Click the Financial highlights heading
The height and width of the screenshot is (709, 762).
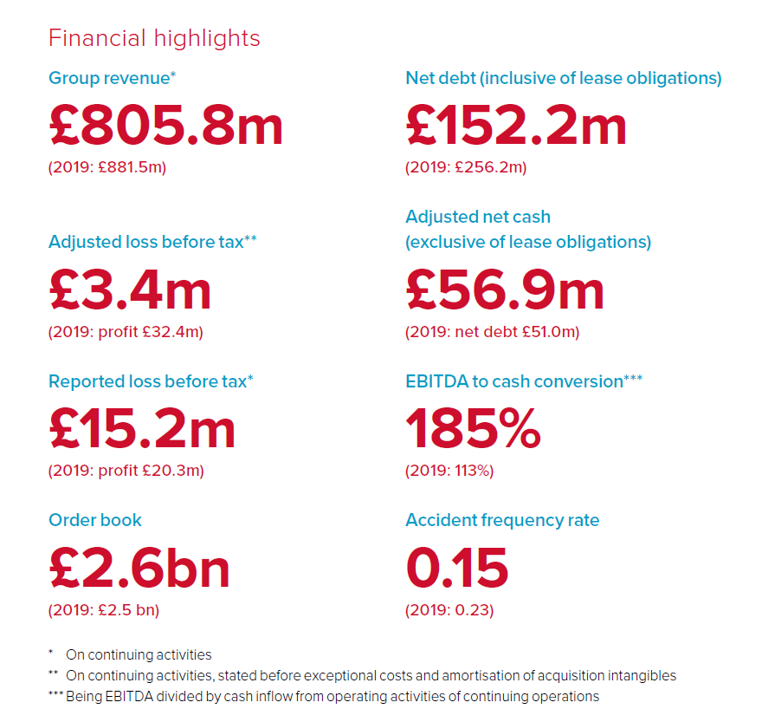154,39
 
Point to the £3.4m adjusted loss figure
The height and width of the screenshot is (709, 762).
130,289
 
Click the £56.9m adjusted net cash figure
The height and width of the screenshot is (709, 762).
505,289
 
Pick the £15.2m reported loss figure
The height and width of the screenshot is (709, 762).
142,429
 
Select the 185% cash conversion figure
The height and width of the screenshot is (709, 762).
473,429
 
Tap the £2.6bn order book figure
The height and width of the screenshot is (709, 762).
139,568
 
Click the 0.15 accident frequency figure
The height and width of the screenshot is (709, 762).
456,568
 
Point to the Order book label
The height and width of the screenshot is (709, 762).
95,520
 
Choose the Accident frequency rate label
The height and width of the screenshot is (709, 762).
502,520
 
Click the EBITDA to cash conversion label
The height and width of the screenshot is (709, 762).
524,381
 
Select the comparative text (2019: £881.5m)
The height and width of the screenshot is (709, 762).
107,167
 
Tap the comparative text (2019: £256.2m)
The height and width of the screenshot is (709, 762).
466,167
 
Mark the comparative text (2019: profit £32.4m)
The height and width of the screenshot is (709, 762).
126,332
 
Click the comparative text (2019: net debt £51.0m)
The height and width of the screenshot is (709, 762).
492,332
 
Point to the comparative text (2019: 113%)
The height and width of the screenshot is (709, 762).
449,472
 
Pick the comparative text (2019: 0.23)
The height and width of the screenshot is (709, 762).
449,610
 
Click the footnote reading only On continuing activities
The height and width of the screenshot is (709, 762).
139,655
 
